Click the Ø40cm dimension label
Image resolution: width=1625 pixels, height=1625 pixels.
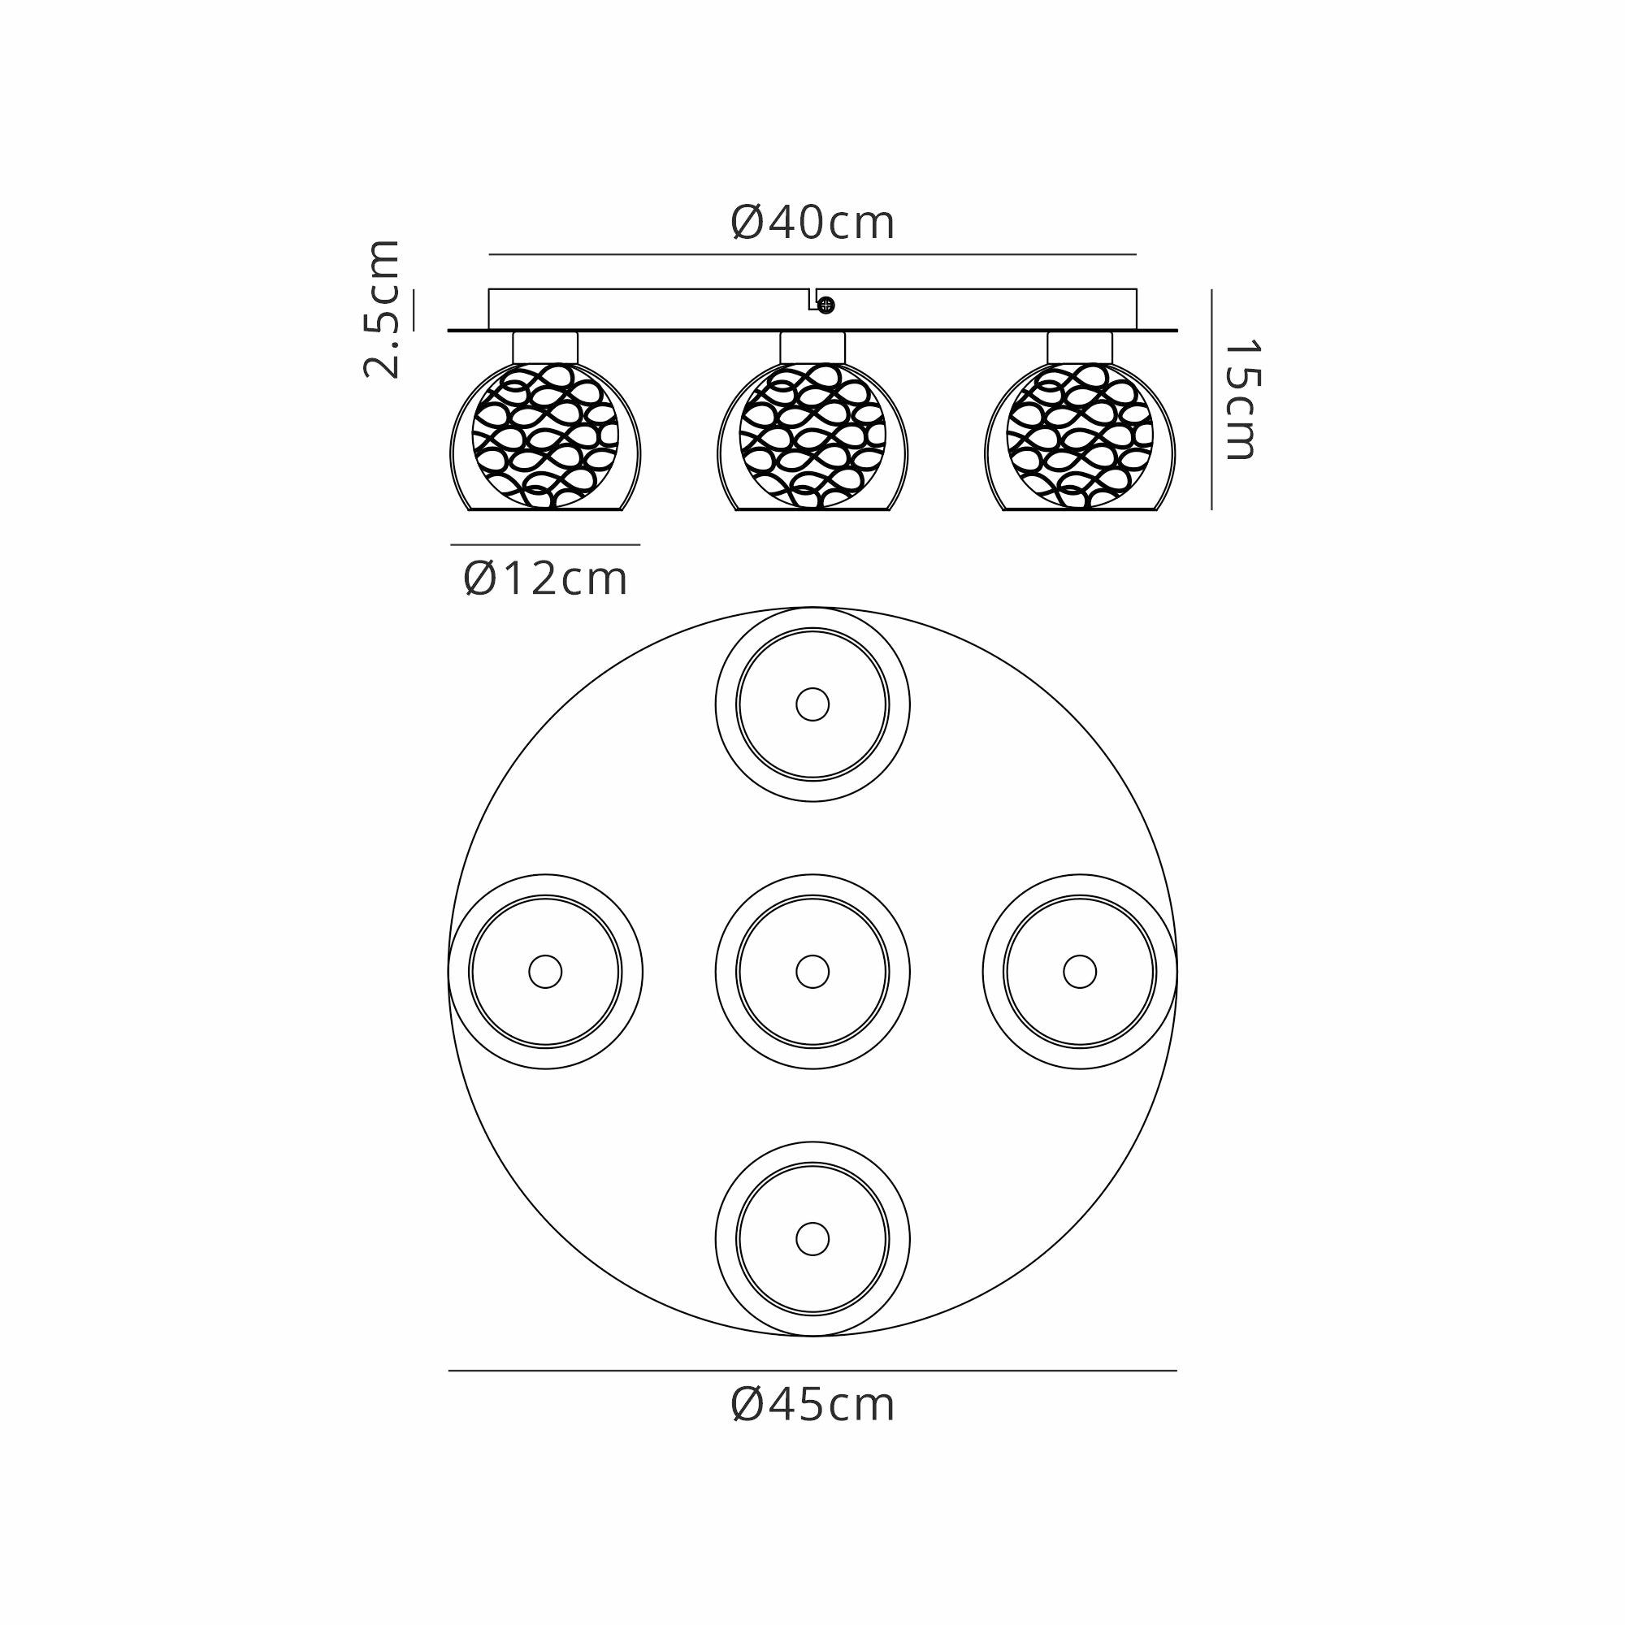[812, 223]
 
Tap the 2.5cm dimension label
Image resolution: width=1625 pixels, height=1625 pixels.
[381, 309]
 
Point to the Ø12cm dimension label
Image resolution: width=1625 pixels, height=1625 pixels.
[546, 578]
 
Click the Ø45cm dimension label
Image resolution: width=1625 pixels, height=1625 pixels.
[812, 1404]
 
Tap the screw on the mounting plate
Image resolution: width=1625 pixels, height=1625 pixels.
[826, 305]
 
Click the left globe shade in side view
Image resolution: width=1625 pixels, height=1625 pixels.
[545, 436]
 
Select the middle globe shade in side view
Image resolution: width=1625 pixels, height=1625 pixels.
[812, 436]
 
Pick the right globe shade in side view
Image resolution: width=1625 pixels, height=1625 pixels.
[1080, 436]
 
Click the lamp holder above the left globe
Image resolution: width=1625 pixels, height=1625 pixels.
[545, 348]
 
